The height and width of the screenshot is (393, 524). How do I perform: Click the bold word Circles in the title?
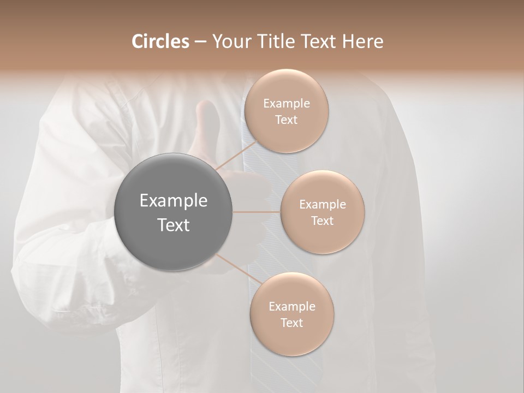(x=160, y=41)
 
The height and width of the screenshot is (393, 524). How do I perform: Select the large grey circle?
(x=173, y=212)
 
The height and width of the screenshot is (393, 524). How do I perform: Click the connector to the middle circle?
(x=256, y=212)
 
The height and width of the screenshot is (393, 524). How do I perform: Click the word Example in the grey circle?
(x=173, y=201)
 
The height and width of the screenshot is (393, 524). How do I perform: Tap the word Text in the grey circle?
(x=173, y=225)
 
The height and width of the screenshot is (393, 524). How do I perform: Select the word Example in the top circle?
(x=286, y=104)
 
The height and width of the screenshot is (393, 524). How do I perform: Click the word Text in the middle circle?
(x=322, y=221)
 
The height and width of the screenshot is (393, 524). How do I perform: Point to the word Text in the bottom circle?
(x=291, y=323)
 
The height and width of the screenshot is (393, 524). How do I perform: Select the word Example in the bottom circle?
(x=291, y=307)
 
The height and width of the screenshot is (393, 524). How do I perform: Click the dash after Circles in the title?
(x=200, y=42)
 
